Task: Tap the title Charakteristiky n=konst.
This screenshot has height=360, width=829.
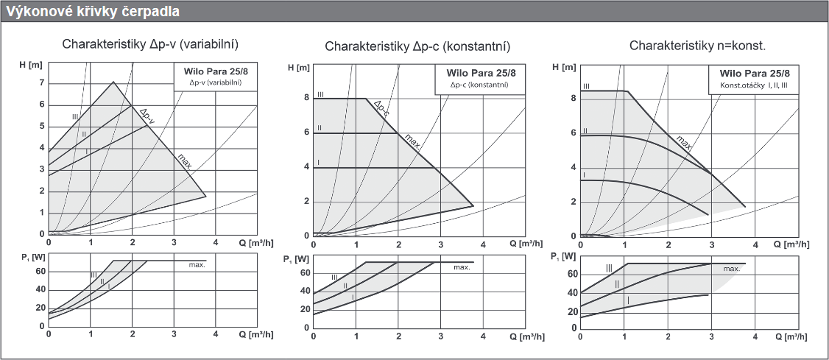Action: [x=697, y=46]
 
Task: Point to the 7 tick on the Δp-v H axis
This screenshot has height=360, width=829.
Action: [x=42, y=82]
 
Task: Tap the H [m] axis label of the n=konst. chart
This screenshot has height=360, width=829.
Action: [x=563, y=68]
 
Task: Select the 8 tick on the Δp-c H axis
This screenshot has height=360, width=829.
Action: [x=306, y=99]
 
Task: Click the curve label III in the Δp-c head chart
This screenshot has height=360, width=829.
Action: [x=320, y=94]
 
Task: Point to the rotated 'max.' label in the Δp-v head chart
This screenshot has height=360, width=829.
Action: [x=184, y=160]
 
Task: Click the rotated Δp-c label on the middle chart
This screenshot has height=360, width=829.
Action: [x=381, y=109]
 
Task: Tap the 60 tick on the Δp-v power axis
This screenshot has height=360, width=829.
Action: [x=40, y=270]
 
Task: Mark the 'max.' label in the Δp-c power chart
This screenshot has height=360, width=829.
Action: [x=462, y=267]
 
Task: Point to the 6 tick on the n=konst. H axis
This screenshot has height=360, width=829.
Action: [x=574, y=133]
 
